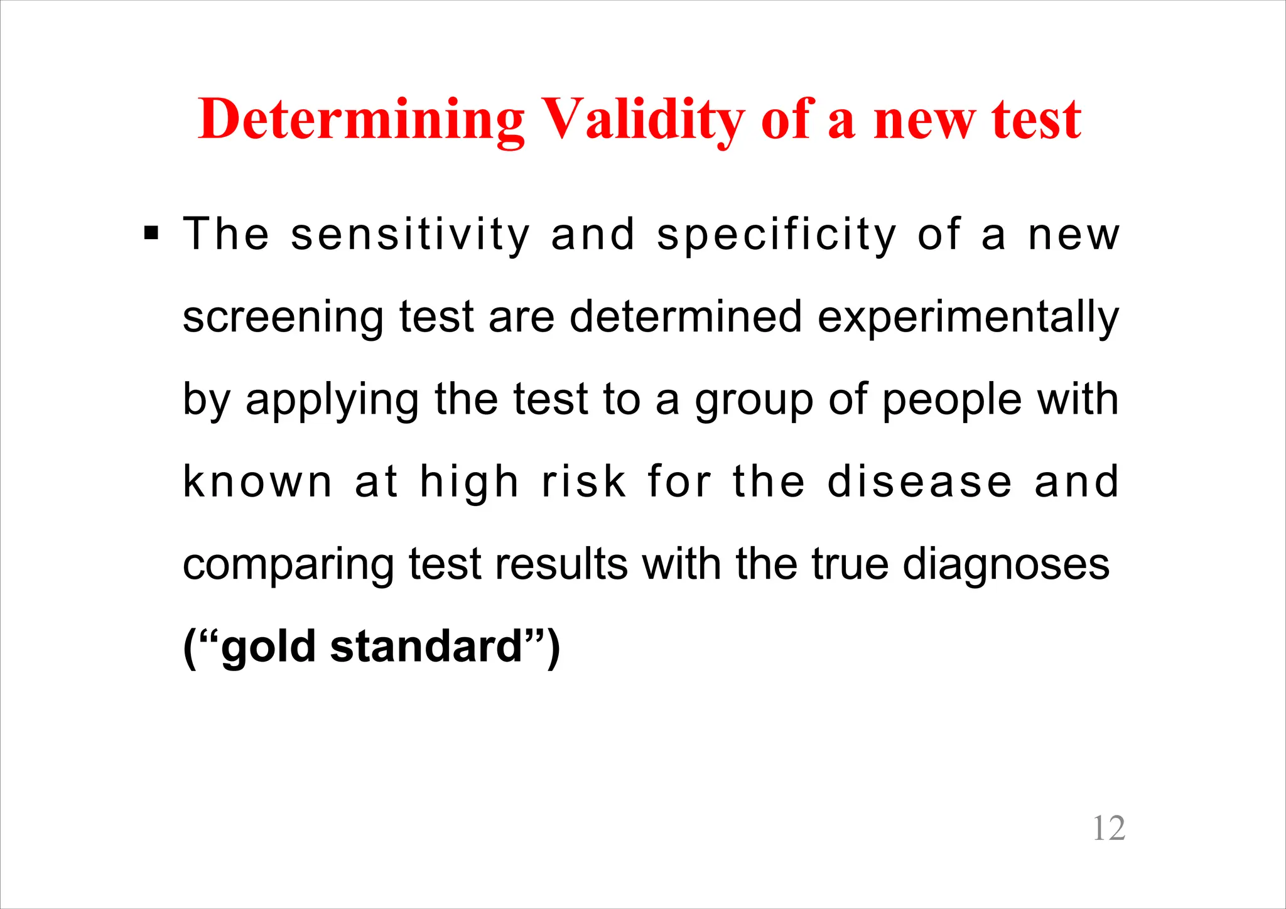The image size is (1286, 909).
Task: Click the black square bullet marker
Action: click(151, 234)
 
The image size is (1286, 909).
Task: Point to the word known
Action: click(257, 482)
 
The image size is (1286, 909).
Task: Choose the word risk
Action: click(584, 482)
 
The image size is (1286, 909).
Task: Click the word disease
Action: click(920, 482)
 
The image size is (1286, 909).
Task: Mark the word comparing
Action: click(288, 565)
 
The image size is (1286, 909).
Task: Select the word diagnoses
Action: click(1006, 565)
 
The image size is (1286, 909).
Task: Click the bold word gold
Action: click(269, 647)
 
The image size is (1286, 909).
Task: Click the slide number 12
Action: click(1109, 828)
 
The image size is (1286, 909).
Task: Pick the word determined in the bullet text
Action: click(686, 317)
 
